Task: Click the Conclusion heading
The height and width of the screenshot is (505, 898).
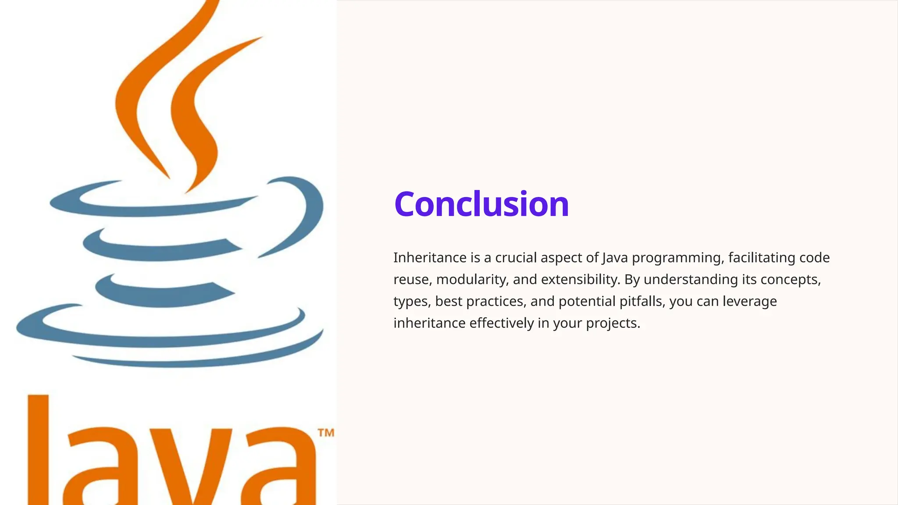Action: click(481, 204)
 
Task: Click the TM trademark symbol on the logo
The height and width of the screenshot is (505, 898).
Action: click(326, 433)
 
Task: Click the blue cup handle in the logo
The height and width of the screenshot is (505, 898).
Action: click(303, 210)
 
